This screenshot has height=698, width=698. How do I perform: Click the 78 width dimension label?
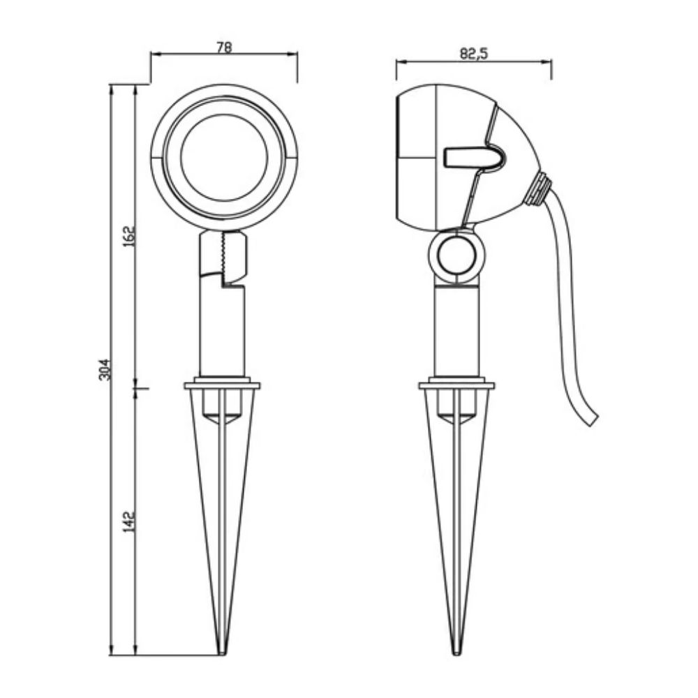(x=224, y=47)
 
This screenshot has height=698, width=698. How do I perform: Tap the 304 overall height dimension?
(x=104, y=369)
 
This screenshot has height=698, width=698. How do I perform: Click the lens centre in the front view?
(x=224, y=157)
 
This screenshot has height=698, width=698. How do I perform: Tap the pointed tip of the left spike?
(x=222, y=653)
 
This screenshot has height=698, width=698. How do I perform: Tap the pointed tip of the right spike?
(x=457, y=653)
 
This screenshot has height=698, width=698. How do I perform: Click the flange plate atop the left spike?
(x=222, y=385)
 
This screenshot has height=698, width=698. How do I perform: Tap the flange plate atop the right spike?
(x=456, y=385)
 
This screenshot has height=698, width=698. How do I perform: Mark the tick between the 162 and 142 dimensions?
(x=137, y=385)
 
